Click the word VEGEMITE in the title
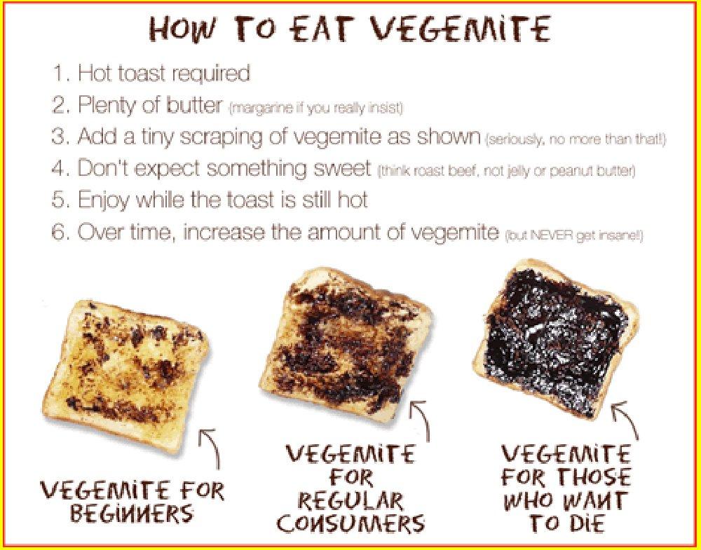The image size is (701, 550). [461, 29]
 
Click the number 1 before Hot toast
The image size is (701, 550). [57, 73]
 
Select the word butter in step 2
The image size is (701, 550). [194, 105]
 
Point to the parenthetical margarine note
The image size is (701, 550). [316, 109]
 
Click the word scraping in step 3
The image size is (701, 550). [229, 137]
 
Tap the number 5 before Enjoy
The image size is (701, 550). [58, 200]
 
